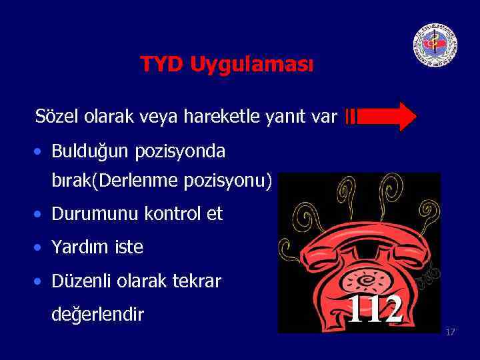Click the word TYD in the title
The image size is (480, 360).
click(162, 65)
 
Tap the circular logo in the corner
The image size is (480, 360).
click(435, 45)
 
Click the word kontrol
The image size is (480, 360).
click(173, 214)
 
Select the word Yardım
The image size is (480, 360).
click(78, 247)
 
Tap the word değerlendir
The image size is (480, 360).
click(97, 313)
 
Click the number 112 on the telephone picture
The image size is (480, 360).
click(375, 309)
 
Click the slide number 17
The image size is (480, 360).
click(450, 331)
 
